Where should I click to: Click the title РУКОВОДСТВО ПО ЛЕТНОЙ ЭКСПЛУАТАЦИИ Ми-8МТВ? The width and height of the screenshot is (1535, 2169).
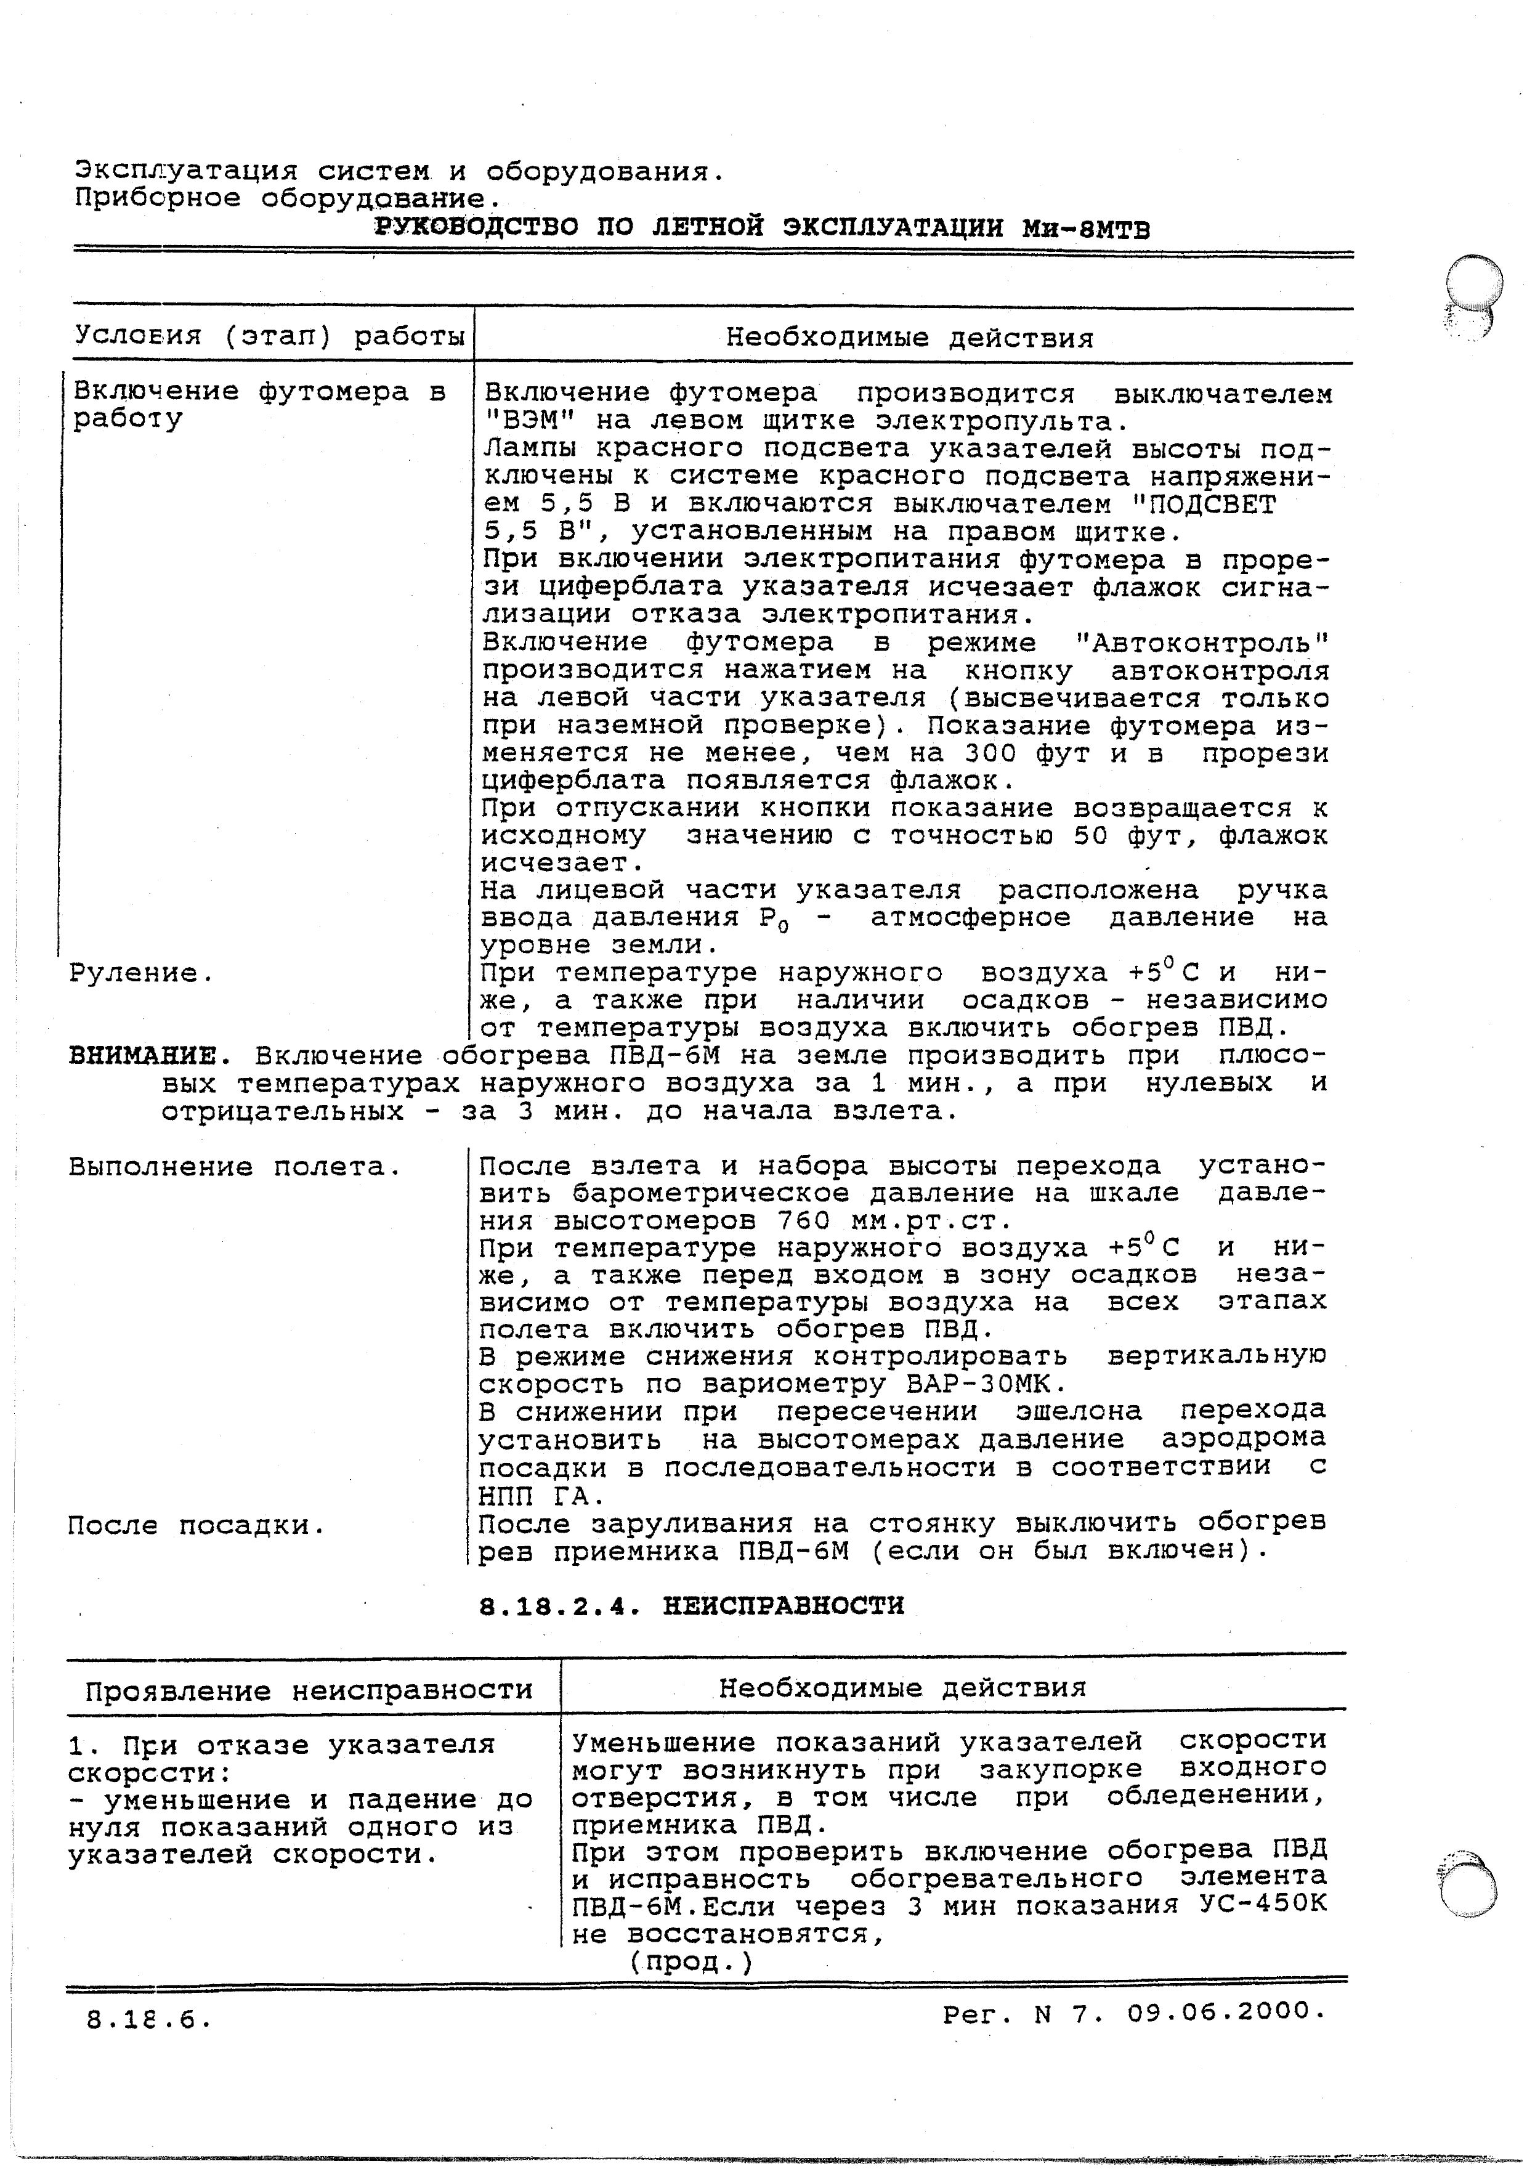tap(762, 228)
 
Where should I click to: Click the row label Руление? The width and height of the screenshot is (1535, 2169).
tap(142, 973)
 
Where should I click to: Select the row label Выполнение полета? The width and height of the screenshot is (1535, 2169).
tap(235, 1168)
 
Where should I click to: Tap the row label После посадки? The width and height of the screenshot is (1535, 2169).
tap(196, 1525)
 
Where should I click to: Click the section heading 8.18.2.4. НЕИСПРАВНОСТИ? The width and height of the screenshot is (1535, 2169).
tap(691, 1606)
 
